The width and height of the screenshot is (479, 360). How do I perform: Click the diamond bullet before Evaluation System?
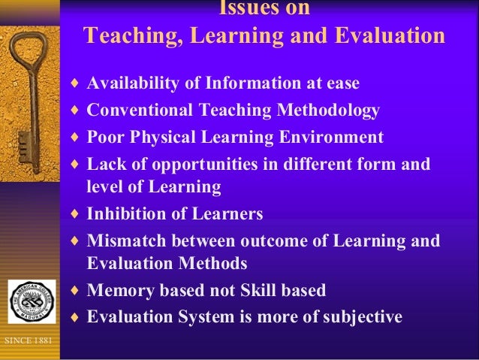pos(72,317)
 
